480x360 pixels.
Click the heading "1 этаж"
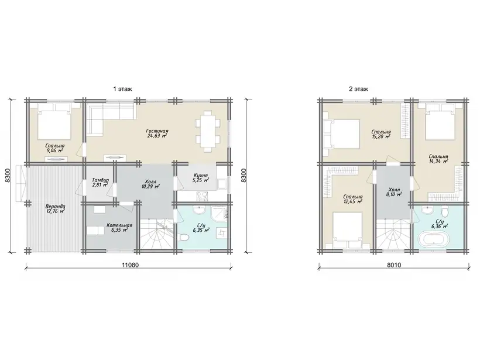click(122, 89)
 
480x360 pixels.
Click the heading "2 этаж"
click(358, 89)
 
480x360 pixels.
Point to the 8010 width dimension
click(394, 265)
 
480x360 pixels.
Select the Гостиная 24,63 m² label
click(157, 133)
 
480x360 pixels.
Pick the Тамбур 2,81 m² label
click(100, 183)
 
